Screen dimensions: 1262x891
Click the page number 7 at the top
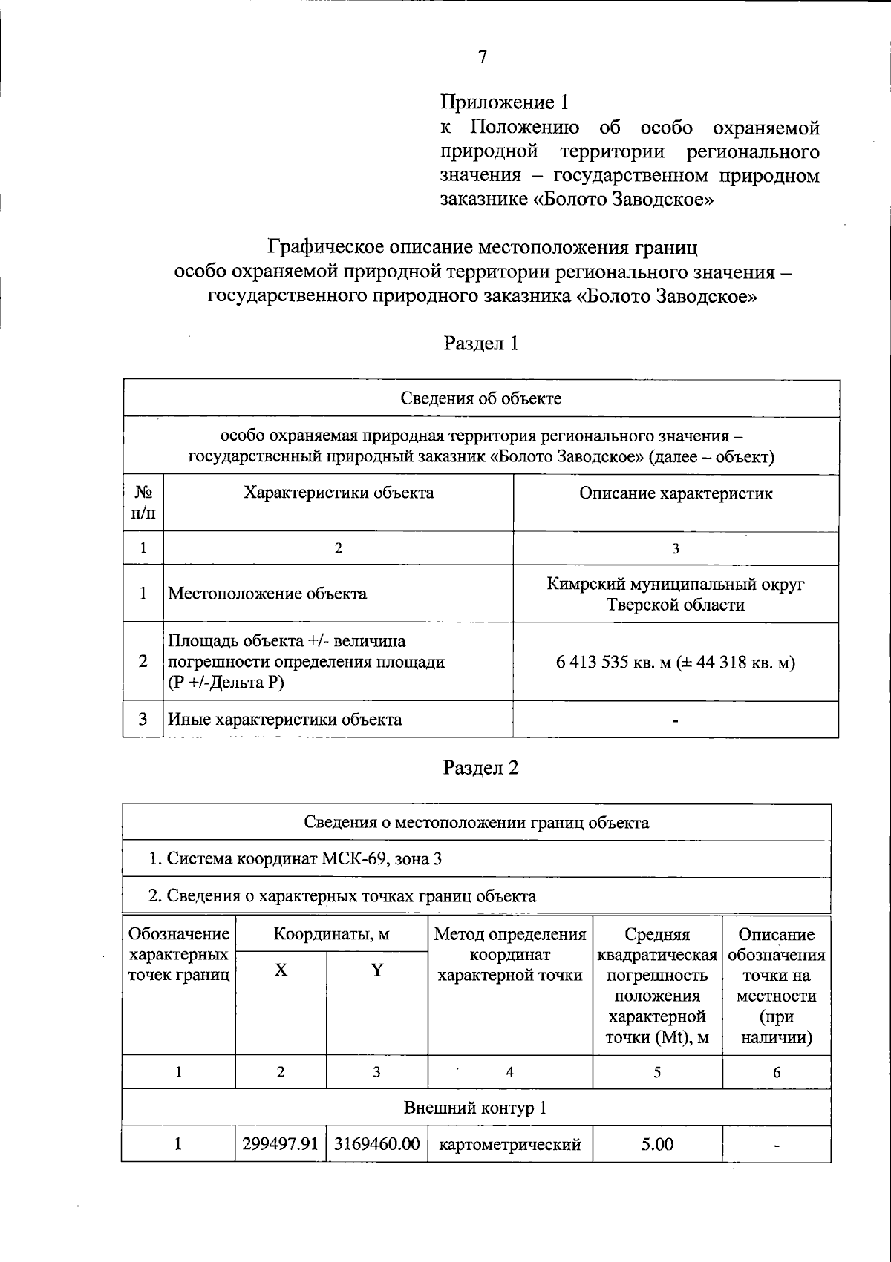(482, 58)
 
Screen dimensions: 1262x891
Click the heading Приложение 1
(508, 102)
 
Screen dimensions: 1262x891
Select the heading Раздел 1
(480, 343)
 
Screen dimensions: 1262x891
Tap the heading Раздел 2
(480, 767)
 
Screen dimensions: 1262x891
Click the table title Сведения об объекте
(481, 398)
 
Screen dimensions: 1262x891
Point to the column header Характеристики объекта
(339, 493)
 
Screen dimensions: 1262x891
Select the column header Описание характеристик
(676, 493)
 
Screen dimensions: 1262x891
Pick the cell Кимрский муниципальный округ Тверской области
(676, 594)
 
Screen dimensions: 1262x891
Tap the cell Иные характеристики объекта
(285, 719)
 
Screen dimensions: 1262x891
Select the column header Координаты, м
(331, 934)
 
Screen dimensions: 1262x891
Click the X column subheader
(281, 970)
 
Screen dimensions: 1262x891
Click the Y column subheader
(377, 970)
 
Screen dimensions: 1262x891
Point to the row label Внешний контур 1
(475, 1108)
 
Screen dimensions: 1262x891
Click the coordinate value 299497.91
(281, 1144)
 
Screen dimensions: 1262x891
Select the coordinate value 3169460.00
(377, 1144)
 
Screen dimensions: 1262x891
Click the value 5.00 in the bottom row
(657, 1144)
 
